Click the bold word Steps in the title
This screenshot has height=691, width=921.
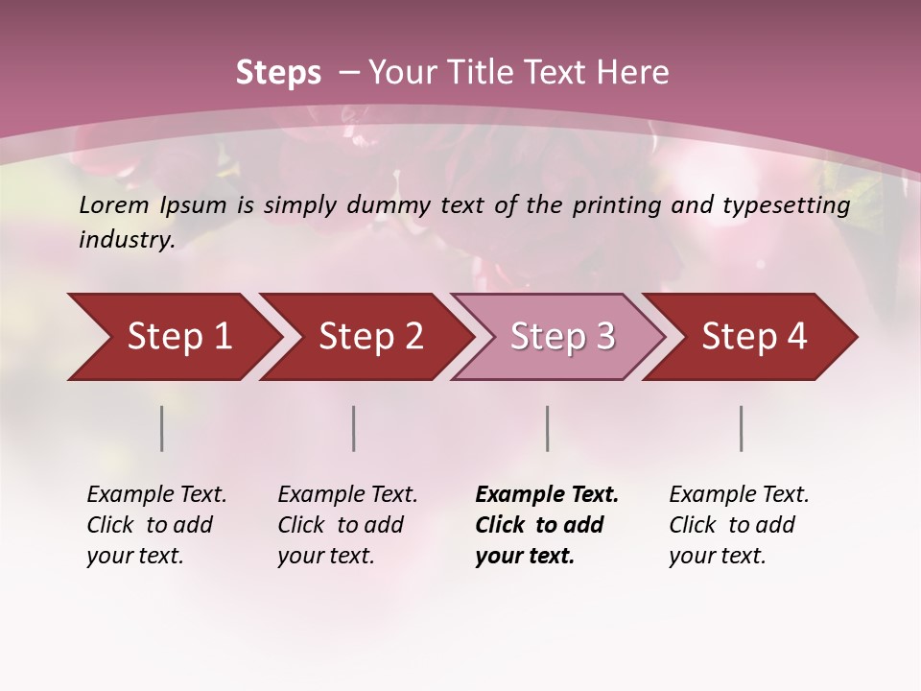coord(278,73)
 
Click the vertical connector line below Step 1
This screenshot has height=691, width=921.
coord(162,428)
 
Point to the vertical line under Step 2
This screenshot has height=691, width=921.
coord(354,428)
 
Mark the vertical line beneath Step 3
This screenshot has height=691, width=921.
coord(548,428)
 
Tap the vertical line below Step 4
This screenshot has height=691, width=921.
coord(742,428)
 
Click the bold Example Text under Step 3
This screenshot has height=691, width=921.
coord(547,494)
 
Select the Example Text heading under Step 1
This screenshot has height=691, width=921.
coord(156,494)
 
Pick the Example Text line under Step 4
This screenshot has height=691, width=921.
coord(739,494)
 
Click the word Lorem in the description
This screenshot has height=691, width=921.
coord(114,204)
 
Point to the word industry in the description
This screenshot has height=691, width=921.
coord(127,240)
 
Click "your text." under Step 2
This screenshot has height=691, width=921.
coord(325,556)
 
